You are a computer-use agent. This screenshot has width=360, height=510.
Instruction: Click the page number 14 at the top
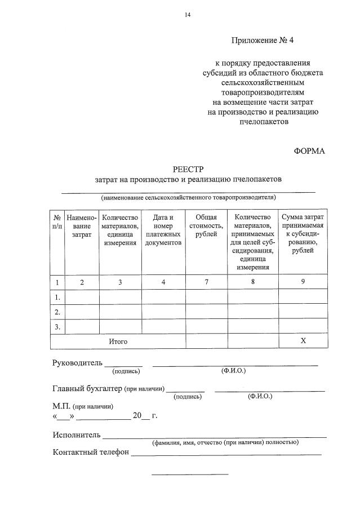pos(188,15)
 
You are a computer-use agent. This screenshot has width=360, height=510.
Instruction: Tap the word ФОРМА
pos(309,151)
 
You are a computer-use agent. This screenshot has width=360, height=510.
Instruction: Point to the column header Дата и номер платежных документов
pos(163,230)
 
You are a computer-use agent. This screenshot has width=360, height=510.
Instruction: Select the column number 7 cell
pos(206,282)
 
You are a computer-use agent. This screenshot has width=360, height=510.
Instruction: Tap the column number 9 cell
pos(303,282)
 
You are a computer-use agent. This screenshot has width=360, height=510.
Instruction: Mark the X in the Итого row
pos(303,342)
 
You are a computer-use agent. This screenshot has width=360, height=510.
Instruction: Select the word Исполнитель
pos(77,434)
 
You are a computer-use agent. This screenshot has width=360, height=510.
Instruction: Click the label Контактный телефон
pos(91,452)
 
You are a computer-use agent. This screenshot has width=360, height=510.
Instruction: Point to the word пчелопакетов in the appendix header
pos(263,121)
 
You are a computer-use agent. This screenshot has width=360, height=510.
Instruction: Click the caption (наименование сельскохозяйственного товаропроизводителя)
pos(188,198)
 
